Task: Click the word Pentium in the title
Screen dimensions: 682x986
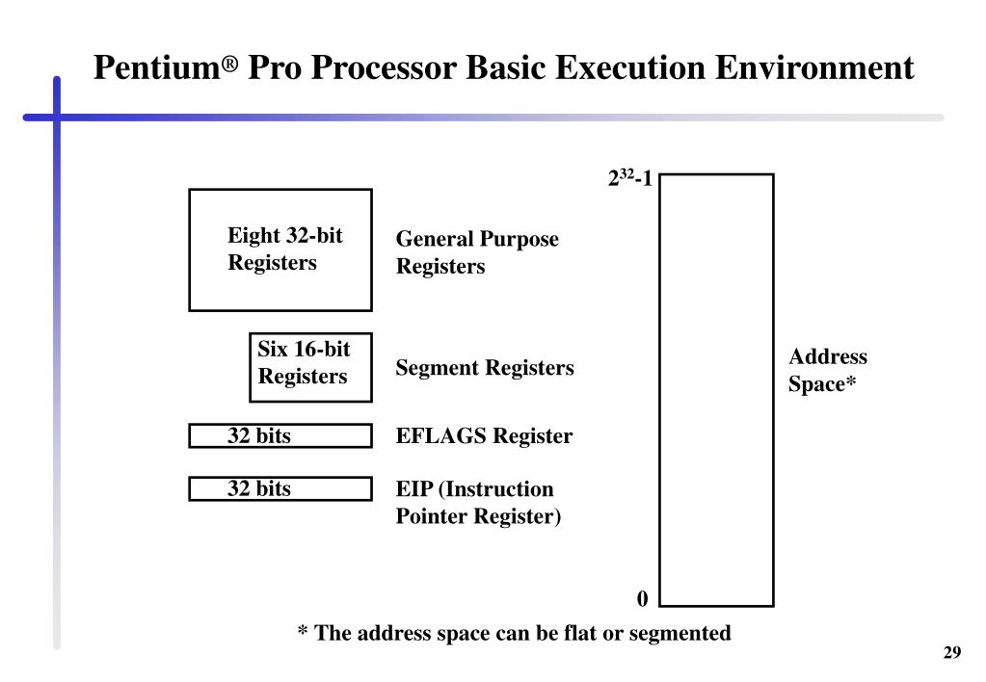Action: click(158, 68)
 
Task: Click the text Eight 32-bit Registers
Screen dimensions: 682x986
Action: click(284, 249)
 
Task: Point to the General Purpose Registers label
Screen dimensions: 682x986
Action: click(477, 252)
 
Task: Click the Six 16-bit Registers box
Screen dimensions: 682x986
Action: click(310, 367)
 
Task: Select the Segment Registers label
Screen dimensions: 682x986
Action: click(485, 368)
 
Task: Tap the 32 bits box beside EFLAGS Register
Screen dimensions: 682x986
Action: click(280, 436)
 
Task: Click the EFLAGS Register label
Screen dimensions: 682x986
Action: click(484, 436)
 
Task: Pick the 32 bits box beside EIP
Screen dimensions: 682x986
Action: click(280, 489)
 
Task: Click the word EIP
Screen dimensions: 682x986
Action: click(413, 489)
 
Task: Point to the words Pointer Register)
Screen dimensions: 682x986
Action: click(478, 516)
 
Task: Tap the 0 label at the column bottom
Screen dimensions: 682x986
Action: click(642, 599)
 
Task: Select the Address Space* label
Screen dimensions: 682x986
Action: click(827, 371)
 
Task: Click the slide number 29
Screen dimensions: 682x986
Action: click(951, 654)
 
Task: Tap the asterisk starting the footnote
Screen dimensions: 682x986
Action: click(303, 633)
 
